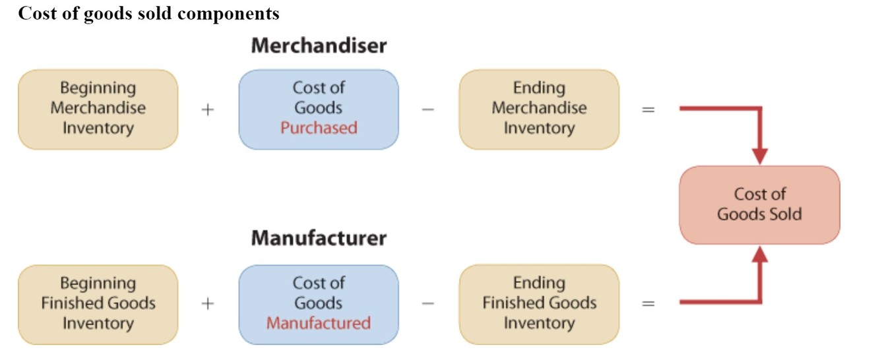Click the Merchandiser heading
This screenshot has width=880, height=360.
point(319,46)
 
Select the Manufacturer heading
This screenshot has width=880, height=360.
point(319,238)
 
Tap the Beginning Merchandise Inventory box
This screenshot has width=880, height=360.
point(98,109)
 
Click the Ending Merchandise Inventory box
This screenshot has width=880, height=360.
point(539,109)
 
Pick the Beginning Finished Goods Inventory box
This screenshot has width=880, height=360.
point(98,304)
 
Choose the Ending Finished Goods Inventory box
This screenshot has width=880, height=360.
point(539,304)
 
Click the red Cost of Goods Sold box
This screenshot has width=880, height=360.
point(759,204)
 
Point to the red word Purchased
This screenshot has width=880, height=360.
point(319,128)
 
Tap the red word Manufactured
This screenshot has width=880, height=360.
point(319,323)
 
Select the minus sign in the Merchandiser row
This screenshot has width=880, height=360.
point(428,109)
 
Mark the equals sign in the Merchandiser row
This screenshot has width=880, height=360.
point(648,109)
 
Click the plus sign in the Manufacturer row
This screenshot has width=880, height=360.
point(208,303)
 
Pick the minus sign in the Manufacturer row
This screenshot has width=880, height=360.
point(428,303)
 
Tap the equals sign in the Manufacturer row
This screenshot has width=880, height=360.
point(648,303)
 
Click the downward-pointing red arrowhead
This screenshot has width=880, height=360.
point(760,156)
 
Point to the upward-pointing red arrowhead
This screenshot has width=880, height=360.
point(760,254)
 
